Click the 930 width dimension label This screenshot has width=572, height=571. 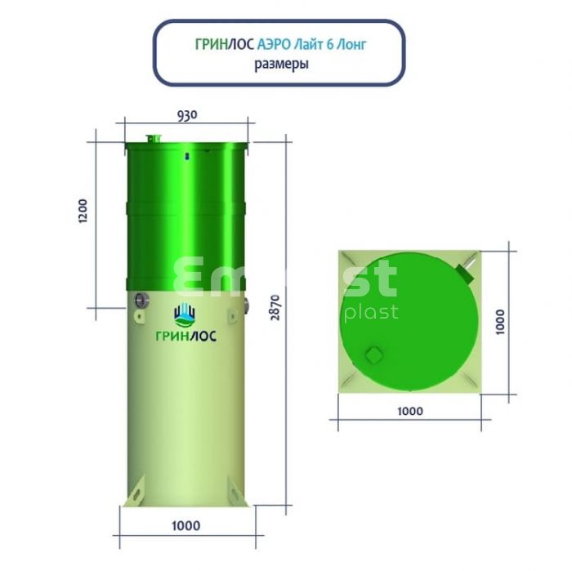pyautogui.click(x=187, y=115)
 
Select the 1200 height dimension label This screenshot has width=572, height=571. pyautogui.click(x=83, y=211)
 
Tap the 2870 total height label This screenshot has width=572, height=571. pyautogui.click(x=276, y=307)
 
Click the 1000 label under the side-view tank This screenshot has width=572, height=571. pyautogui.click(x=186, y=525)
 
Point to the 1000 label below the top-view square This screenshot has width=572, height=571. pyautogui.click(x=410, y=411)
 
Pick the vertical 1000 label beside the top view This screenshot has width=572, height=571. pyautogui.click(x=500, y=322)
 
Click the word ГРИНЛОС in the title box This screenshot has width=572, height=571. pyautogui.click(x=225, y=44)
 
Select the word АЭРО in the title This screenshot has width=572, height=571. pyautogui.click(x=274, y=44)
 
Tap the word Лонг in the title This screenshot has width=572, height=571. pyautogui.click(x=351, y=45)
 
